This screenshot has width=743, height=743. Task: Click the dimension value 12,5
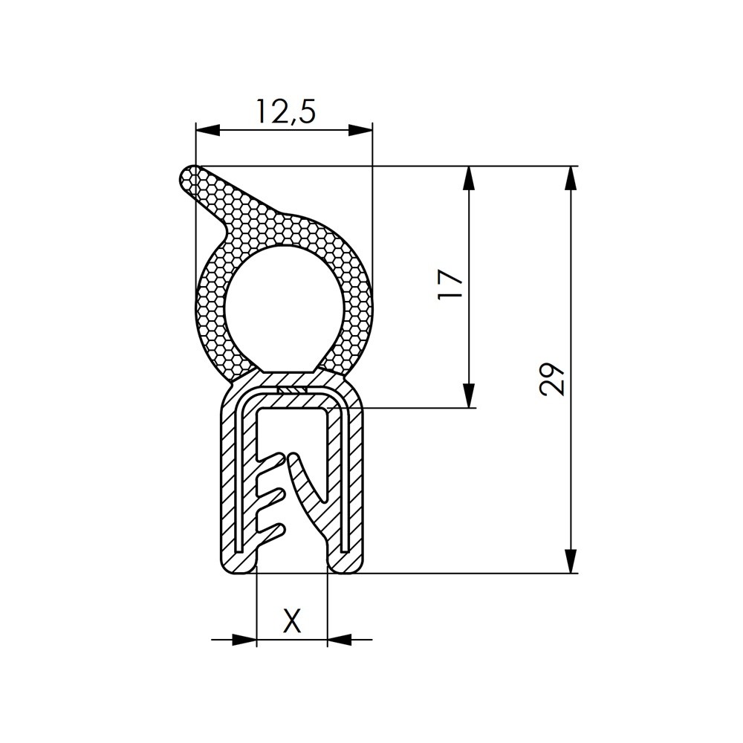pyautogui.click(x=286, y=111)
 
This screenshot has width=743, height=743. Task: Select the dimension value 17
pyautogui.click(x=450, y=285)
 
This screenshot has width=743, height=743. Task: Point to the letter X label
pyautogui.click(x=293, y=620)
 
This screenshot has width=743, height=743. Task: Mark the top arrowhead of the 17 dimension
pyautogui.click(x=469, y=178)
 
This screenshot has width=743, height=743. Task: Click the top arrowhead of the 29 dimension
pyautogui.click(x=571, y=178)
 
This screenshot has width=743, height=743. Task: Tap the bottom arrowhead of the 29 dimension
pyautogui.click(x=571, y=561)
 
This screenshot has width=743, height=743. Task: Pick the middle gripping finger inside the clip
pyautogui.click(x=271, y=495)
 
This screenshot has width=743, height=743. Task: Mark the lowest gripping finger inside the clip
pyautogui.click(x=271, y=530)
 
